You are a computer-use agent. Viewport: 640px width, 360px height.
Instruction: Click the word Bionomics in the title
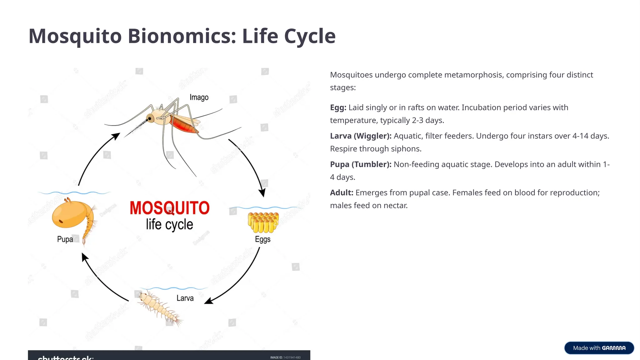pyautogui.click(x=182, y=36)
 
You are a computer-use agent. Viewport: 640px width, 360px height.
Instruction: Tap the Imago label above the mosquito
pyautogui.click(x=199, y=97)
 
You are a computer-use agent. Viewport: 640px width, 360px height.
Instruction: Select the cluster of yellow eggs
pyautogui.click(x=263, y=222)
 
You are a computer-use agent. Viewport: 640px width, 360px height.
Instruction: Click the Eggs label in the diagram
pyautogui.click(x=262, y=239)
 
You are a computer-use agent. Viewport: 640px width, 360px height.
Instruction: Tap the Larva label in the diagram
pyautogui.click(x=185, y=298)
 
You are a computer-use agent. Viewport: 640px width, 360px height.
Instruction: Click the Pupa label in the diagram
pyautogui.click(x=65, y=239)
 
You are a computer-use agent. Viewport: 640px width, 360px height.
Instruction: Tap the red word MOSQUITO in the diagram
pyautogui.click(x=169, y=208)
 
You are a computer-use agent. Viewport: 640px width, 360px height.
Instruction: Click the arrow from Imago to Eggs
pyautogui.click(x=250, y=163)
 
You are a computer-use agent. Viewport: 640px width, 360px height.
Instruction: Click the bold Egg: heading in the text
pyautogui.click(x=338, y=107)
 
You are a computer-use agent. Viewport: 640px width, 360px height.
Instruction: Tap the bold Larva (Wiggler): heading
pyautogui.click(x=361, y=136)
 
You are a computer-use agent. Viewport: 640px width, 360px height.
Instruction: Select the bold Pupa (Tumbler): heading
pyautogui.click(x=361, y=164)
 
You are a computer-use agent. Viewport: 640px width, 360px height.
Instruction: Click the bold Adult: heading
pyautogui.click(x=342, y=193)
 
